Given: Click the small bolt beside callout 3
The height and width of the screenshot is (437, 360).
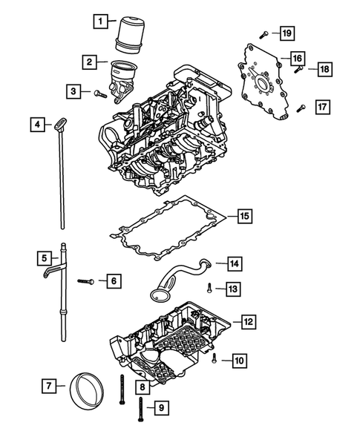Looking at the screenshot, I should click(x=96, y=91).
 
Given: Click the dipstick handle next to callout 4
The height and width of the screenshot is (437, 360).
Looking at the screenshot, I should click(x=58, y=126).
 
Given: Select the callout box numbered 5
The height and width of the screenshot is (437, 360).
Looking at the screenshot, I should click(x=45, y=258).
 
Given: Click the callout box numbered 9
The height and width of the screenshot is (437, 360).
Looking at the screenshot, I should click(x=160, y=407).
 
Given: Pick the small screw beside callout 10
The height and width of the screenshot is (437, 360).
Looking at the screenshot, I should click(x=214, y=358).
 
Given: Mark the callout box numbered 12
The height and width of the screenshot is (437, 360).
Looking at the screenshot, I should click(x=248, y=322).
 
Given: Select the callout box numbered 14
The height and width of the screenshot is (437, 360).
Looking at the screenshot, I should click(x=233, y=263).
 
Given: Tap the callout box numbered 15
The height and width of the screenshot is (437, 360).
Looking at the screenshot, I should click(x=244, y=217).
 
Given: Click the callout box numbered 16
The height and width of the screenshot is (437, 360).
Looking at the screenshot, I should click(x=295, y=58).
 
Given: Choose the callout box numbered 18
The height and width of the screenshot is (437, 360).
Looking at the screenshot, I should click(x=324, y=69).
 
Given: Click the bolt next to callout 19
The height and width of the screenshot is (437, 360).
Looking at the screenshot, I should click(x=264, y=33).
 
